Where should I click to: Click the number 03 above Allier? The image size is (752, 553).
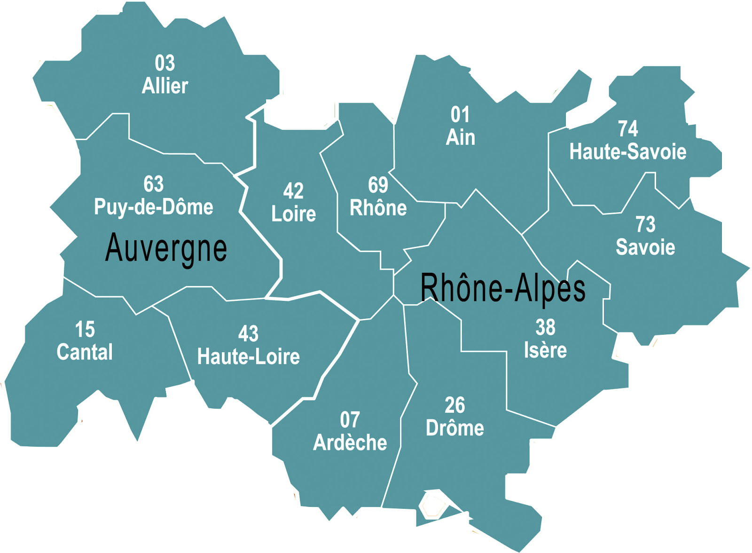click(x=165, y=63)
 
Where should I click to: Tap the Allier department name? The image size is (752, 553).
click(x=165, y=86)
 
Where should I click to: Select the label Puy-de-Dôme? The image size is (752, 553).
click(x=154, y=207)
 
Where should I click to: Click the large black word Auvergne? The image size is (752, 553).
click(x=166, y=248)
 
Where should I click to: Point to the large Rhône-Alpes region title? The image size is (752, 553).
click(x=502, y=288)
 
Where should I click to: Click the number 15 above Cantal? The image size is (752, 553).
click(x=85, y=330)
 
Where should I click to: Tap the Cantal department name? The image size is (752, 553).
click(x=85, y=352)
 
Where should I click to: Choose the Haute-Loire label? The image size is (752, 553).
click(x=248, y=357)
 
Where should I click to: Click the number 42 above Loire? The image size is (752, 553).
click(x=293, y=191)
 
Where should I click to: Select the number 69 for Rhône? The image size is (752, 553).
click(x=378, y=185)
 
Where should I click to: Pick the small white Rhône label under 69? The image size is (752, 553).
click(x=378, y=208)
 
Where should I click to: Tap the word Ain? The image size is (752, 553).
click(x=460, y=138)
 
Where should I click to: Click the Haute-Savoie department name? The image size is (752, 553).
click(x=627, y=152)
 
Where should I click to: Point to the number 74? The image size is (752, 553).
click(x=627, y=129)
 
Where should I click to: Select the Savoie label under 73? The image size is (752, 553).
click(x=645, y=247)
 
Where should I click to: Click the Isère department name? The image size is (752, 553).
click(x=545, y=350)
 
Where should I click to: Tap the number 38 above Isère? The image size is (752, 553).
click(x=545, y=327)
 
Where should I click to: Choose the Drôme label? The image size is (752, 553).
click(x=454, y=428)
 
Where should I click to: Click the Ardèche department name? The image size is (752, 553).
click(x=350, y=443)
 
